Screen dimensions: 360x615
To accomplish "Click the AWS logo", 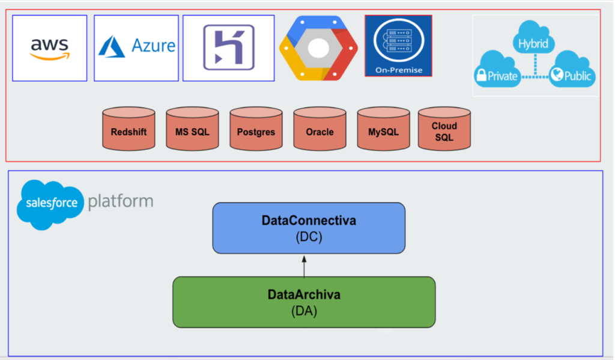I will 50,48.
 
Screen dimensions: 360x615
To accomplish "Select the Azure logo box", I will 136,47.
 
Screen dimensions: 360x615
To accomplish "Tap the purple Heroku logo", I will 228,47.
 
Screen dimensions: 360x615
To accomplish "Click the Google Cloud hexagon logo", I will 318,48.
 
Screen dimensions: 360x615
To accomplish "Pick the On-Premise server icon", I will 398,46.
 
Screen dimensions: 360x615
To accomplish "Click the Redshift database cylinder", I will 129,129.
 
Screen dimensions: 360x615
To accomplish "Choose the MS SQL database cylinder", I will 192,129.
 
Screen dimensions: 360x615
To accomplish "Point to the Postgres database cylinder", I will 256,129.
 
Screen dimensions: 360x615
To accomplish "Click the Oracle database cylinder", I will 320,129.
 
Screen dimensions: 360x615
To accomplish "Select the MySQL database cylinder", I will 383,129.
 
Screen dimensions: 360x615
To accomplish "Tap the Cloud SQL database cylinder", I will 444,129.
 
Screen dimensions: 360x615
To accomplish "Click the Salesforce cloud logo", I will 50,203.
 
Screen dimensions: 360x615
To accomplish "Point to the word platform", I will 120,201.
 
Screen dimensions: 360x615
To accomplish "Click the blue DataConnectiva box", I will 309,228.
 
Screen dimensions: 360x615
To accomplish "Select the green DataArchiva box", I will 304,302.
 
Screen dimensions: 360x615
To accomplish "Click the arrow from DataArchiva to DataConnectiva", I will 304,265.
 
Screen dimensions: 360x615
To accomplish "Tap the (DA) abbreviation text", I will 304,311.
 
